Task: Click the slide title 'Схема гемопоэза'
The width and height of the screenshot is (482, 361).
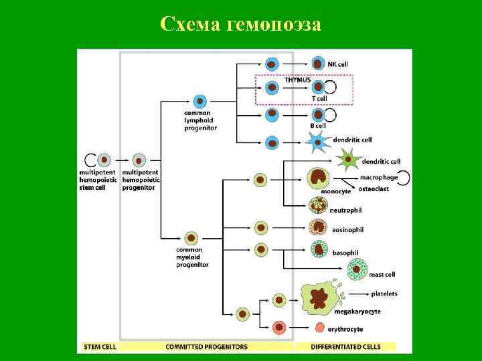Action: [241, 25]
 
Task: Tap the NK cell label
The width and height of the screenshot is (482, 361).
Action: [337, 64]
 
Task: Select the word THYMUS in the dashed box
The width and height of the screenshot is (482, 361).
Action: [297, 80]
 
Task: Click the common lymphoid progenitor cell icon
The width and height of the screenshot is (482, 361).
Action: [199, 102]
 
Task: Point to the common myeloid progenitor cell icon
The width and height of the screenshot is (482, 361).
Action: [191, 238]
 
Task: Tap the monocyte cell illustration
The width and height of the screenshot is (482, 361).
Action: [319, 178]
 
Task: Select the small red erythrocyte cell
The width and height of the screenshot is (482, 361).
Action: [320, 328]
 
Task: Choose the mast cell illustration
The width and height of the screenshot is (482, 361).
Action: [357, 269]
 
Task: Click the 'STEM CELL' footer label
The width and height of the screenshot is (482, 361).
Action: [100, 347]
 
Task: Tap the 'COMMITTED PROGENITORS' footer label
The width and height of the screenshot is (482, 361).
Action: [206, 347]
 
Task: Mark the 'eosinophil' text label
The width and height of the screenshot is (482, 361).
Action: [347, 230]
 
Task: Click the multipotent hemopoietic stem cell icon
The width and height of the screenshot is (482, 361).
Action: [104, 160]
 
